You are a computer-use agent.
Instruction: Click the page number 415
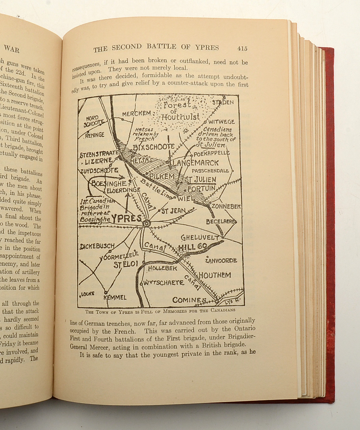[242, 49]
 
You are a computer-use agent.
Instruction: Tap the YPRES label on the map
[127, 219]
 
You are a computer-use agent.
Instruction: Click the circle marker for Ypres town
[147, 223]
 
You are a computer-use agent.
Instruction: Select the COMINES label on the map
[189, 300]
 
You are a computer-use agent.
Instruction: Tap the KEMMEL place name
[115, 297]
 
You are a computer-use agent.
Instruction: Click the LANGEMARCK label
[196, 163]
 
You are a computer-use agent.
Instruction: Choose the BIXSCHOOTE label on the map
[154, 147]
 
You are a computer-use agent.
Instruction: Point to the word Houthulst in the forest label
[181, 117]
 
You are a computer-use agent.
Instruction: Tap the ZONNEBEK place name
[226, 206]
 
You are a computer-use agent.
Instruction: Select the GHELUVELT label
[200, 237]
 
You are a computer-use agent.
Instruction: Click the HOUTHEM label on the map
[215, 275]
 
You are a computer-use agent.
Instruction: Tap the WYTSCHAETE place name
[164, 282]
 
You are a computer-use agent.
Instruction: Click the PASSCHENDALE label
[210, 171]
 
